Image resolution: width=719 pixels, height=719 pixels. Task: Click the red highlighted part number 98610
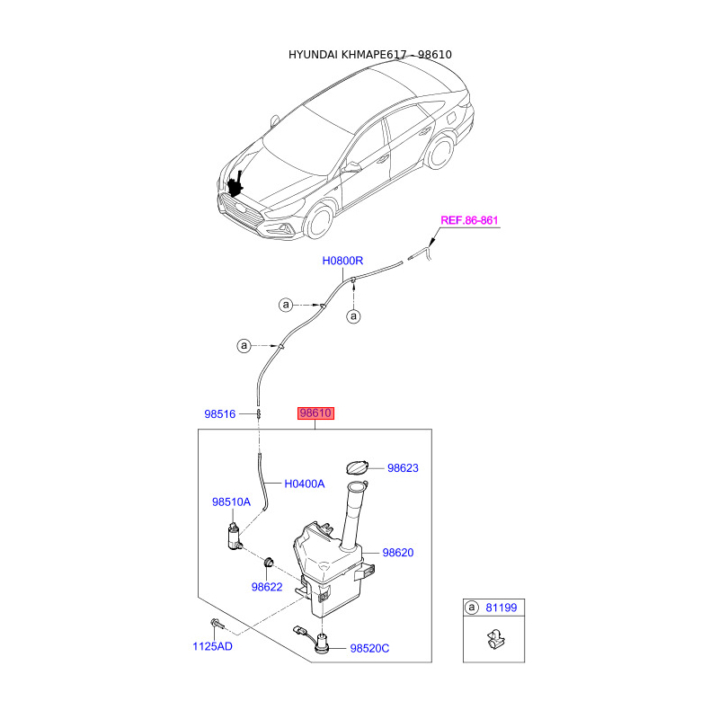tap(316, 413)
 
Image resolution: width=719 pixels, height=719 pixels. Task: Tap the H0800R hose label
tap(342, 261)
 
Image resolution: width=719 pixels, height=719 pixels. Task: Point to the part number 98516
tap(219, 414)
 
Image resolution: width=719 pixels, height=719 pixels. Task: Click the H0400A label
tap(304, 484)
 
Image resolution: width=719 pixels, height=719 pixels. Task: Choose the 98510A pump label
tap(231, 502)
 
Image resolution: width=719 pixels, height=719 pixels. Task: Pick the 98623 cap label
tap(404, 468)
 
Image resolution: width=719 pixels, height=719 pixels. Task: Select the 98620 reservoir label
tap(397, 553)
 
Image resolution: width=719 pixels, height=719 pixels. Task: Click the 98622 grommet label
tap(267, 587)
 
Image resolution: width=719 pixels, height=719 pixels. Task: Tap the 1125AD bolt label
tap(212, 646)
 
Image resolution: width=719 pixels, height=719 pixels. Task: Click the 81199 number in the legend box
tap(502, 608)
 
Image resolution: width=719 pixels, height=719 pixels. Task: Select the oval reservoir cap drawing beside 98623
tap(356, 466)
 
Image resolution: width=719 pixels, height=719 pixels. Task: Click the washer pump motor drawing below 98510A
tap(235, 537)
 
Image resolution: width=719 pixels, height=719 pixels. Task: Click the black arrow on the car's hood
tap(237, 183)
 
